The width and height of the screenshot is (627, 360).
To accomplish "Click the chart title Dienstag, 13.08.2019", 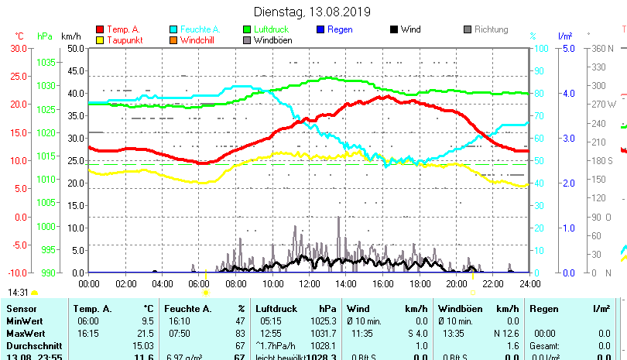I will (x=312, y=12).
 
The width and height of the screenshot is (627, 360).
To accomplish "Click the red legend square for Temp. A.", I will (x=100, y=29).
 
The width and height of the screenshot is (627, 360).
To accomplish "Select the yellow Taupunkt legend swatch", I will (x=100, y=40).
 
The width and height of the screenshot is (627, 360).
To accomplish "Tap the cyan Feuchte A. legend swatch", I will (x=173, y=29).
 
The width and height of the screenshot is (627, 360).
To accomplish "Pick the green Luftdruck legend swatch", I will (x=247, y=29).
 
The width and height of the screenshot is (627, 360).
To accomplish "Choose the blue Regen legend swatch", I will (x=320, y=29).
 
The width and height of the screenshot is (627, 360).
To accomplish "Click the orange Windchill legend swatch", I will (x=173, y=40).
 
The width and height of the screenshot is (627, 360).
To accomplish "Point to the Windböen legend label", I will (x=272, y=40).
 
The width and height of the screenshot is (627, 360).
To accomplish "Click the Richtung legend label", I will (x=492, y=29).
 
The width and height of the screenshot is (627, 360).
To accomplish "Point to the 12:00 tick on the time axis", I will (x=309, y=283).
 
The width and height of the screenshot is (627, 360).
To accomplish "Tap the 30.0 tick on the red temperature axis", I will (x=18, y=48).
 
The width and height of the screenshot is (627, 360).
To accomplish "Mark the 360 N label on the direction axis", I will (x=602, y=48).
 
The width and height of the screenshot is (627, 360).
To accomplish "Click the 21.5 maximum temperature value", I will (x=145, y=333).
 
